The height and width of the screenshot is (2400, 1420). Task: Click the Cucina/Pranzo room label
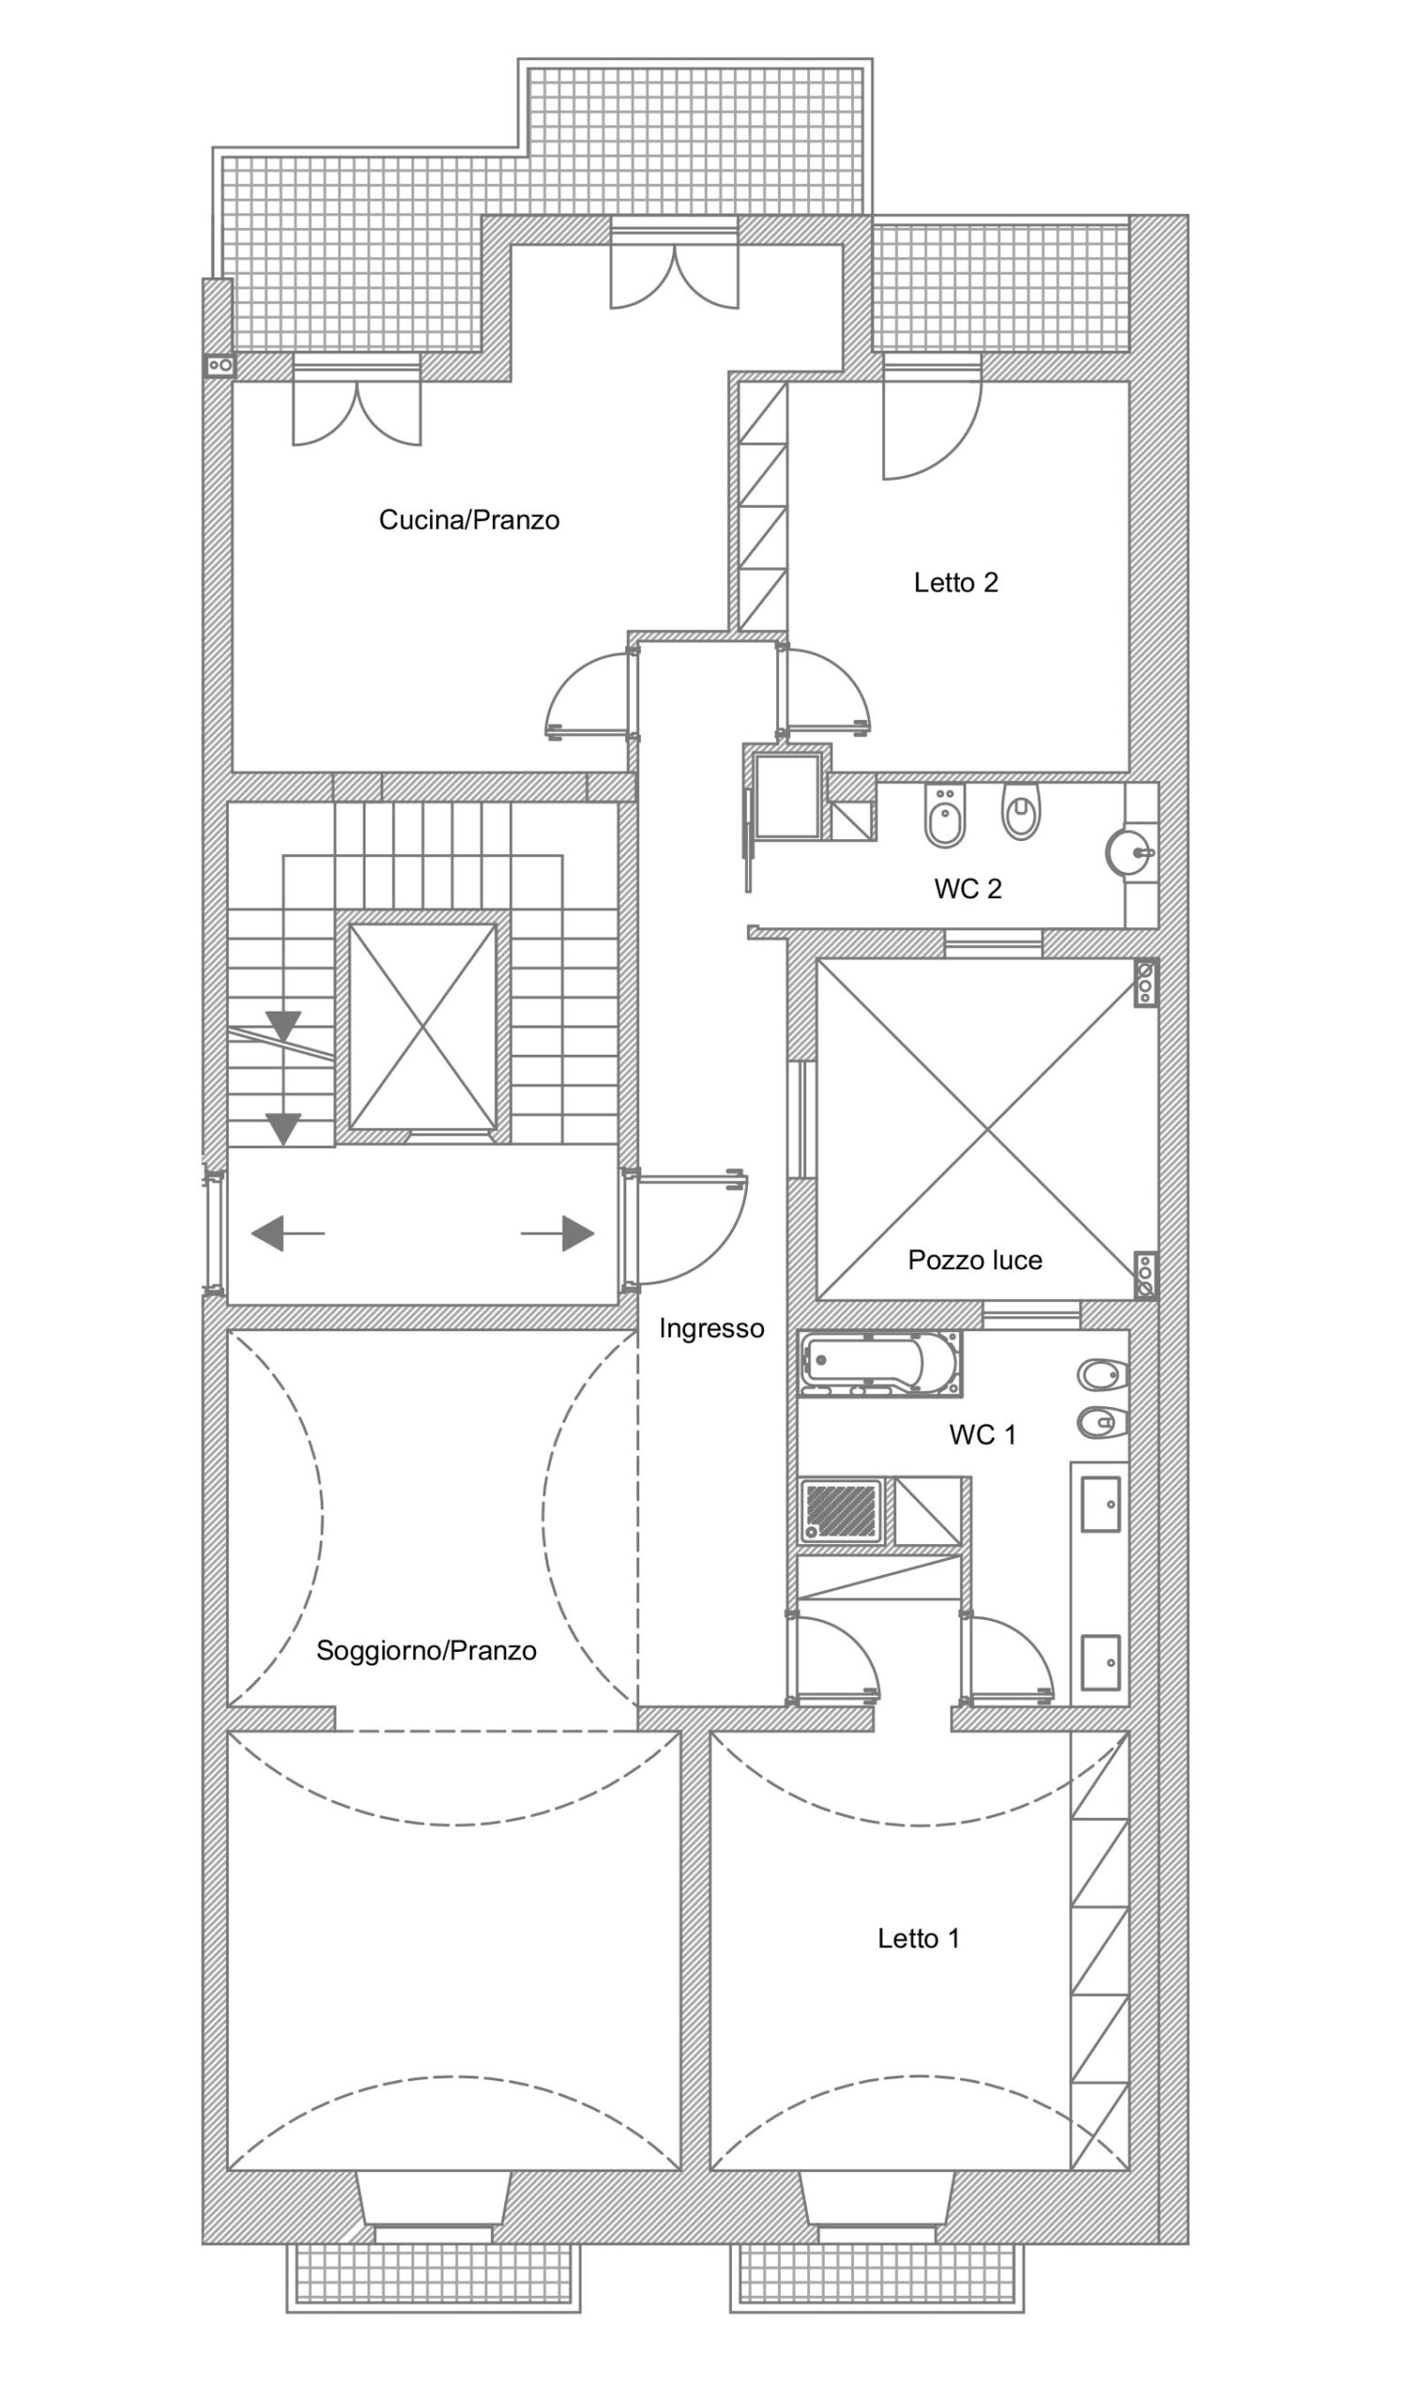[469, 519]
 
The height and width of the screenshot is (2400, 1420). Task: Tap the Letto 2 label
[956, 583]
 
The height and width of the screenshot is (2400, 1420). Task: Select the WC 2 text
[967, 889]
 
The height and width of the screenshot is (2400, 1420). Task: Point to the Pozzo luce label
[975, 1260]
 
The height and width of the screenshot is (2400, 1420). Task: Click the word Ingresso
[712, 1328]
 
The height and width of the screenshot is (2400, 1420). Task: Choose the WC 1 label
[982, 1434]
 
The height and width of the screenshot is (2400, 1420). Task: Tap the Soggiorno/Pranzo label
[426, 1651]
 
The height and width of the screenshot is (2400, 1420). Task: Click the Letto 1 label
[919, 1939]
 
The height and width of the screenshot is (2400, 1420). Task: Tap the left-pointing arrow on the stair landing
[287, 1234]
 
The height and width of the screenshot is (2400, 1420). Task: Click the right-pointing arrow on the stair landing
[558, 1234]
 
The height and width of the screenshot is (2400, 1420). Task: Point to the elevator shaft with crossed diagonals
[423, 1027]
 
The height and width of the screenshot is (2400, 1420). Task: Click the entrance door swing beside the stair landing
[686, 1229]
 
